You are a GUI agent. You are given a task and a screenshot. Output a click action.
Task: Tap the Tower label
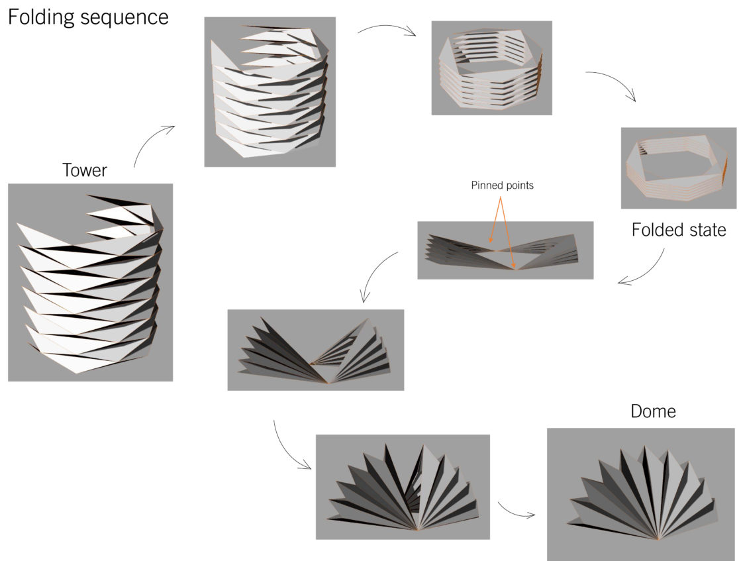(85, 170)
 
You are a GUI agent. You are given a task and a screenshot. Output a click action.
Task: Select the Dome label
(654, 411)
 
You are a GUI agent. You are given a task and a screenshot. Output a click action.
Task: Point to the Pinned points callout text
(503, 186)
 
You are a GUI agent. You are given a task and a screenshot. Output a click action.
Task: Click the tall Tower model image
(90, 282)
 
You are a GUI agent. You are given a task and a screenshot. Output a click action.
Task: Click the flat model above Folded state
(678, 168)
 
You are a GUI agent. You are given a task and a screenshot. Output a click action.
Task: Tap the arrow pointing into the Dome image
(516, 511)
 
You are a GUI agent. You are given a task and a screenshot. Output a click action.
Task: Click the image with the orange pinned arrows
(505, 250)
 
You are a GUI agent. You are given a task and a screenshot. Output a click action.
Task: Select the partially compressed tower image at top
(270, 91)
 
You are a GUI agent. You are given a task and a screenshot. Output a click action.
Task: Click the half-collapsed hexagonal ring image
(491, 68)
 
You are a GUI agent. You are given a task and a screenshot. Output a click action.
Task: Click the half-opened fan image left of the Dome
(403, 486)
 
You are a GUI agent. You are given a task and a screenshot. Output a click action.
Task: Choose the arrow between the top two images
(387, 31)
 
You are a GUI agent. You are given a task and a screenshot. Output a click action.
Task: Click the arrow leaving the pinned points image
(377, 275)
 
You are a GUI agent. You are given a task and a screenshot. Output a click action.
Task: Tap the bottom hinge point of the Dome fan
(658, 538)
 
